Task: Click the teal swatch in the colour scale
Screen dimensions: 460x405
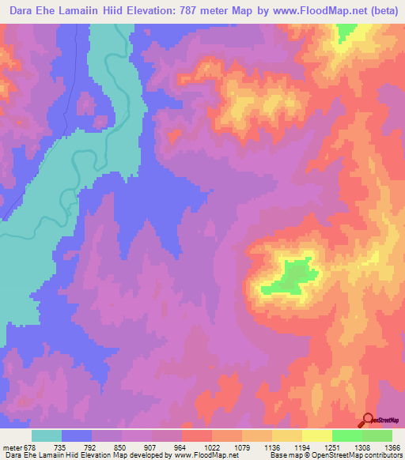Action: tap(47, 435)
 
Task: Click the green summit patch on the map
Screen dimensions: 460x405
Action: tap(290, 276)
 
